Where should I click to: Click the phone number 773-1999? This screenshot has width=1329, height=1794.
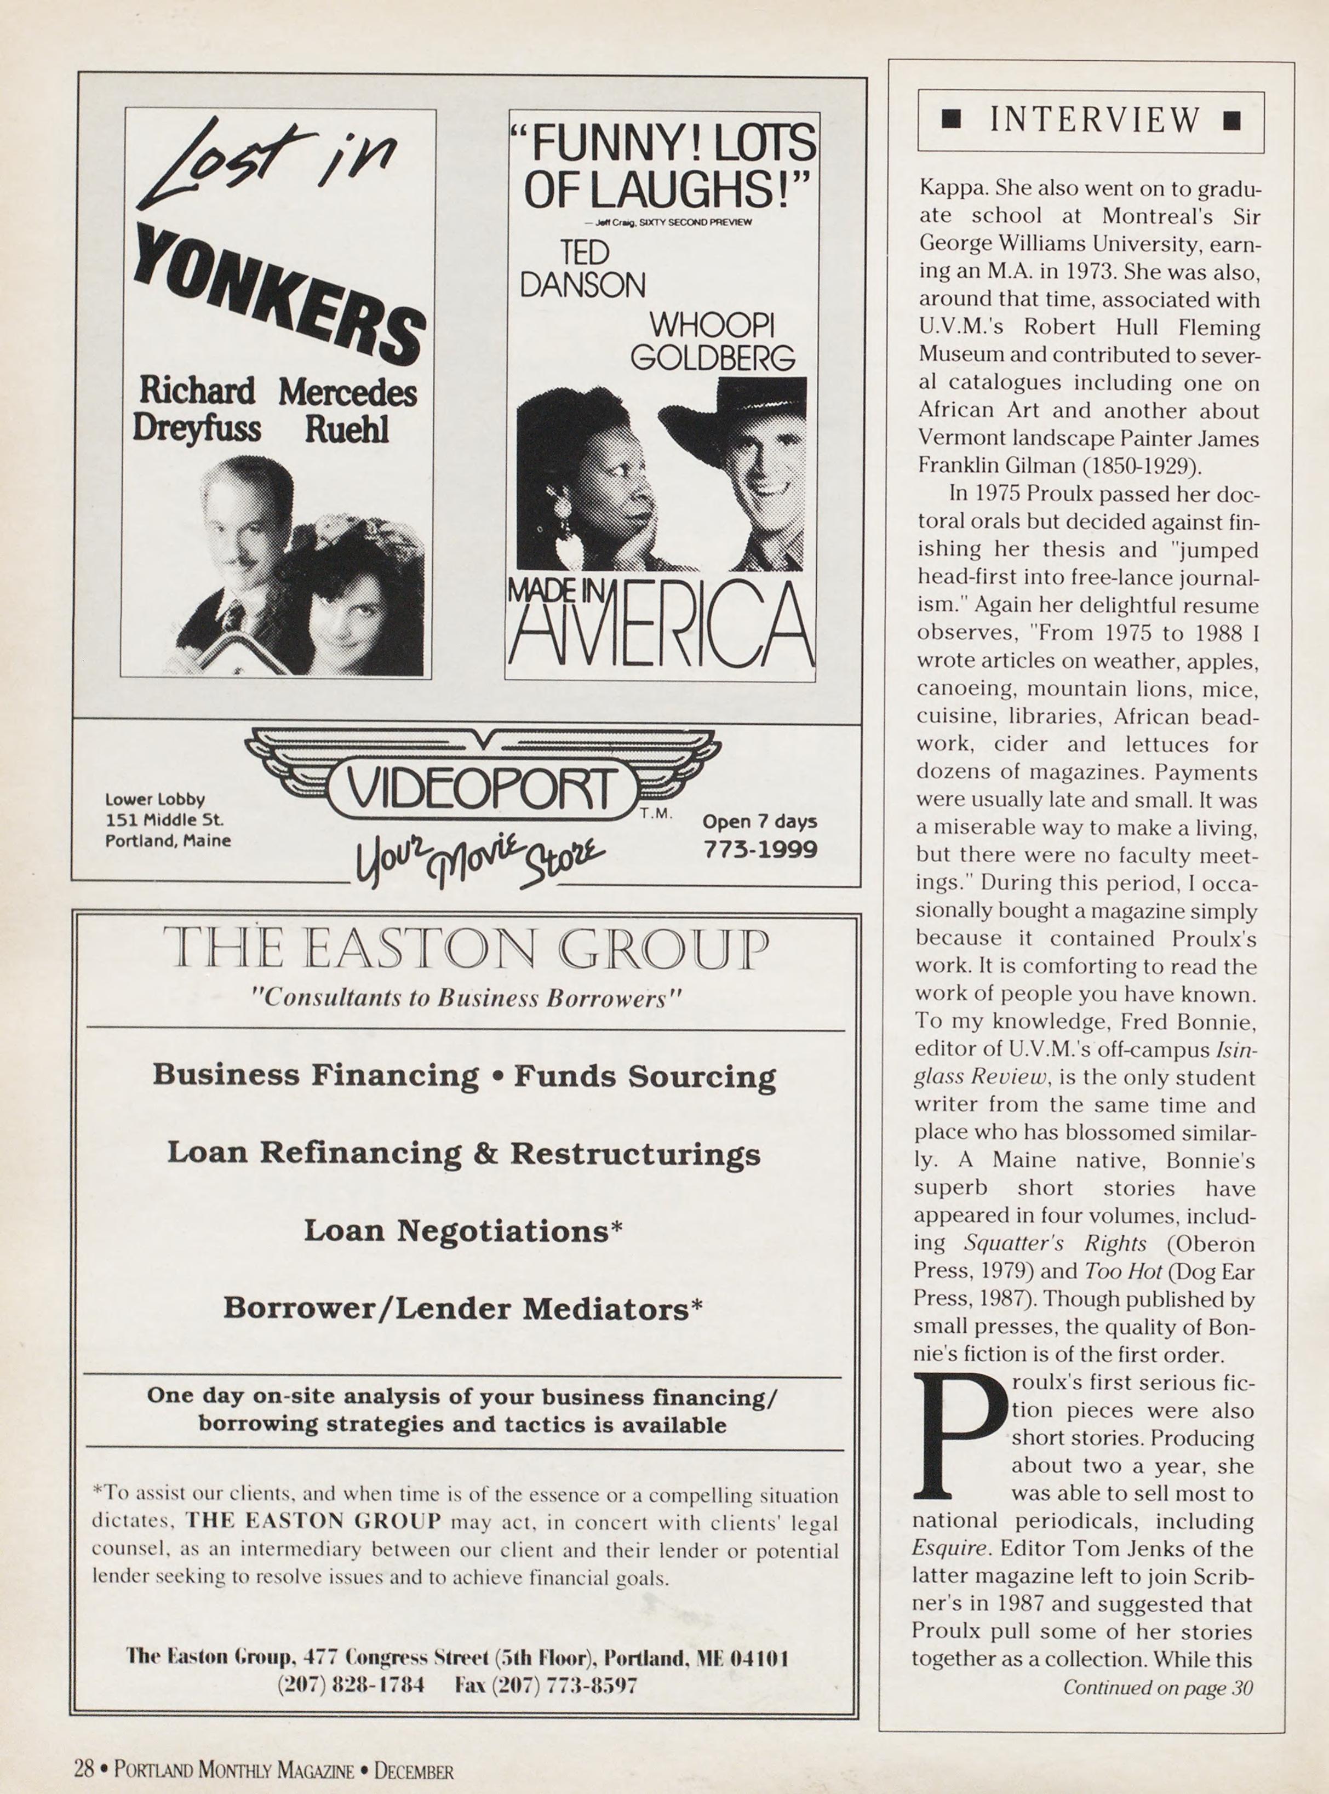760,850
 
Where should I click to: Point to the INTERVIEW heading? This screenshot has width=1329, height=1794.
1094,120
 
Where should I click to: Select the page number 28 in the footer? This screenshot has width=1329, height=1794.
84,1770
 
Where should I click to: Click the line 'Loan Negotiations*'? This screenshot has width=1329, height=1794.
463,1231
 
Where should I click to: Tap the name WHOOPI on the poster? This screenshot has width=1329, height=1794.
713,326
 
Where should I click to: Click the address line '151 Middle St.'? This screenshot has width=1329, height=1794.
165,820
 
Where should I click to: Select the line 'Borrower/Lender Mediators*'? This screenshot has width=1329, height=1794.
462,1309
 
